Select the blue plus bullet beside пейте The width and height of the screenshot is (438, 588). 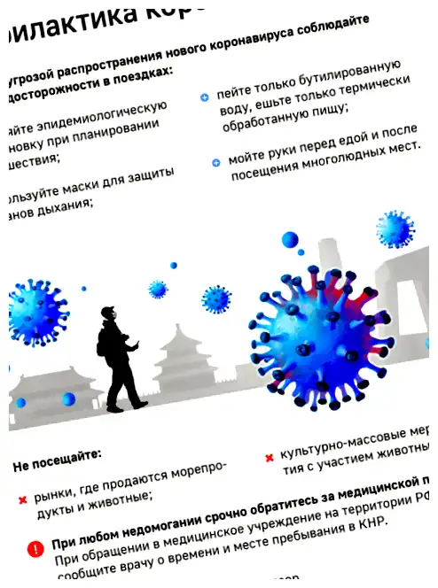tap(204, 96)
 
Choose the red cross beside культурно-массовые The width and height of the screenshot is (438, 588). tap(269, 458)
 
